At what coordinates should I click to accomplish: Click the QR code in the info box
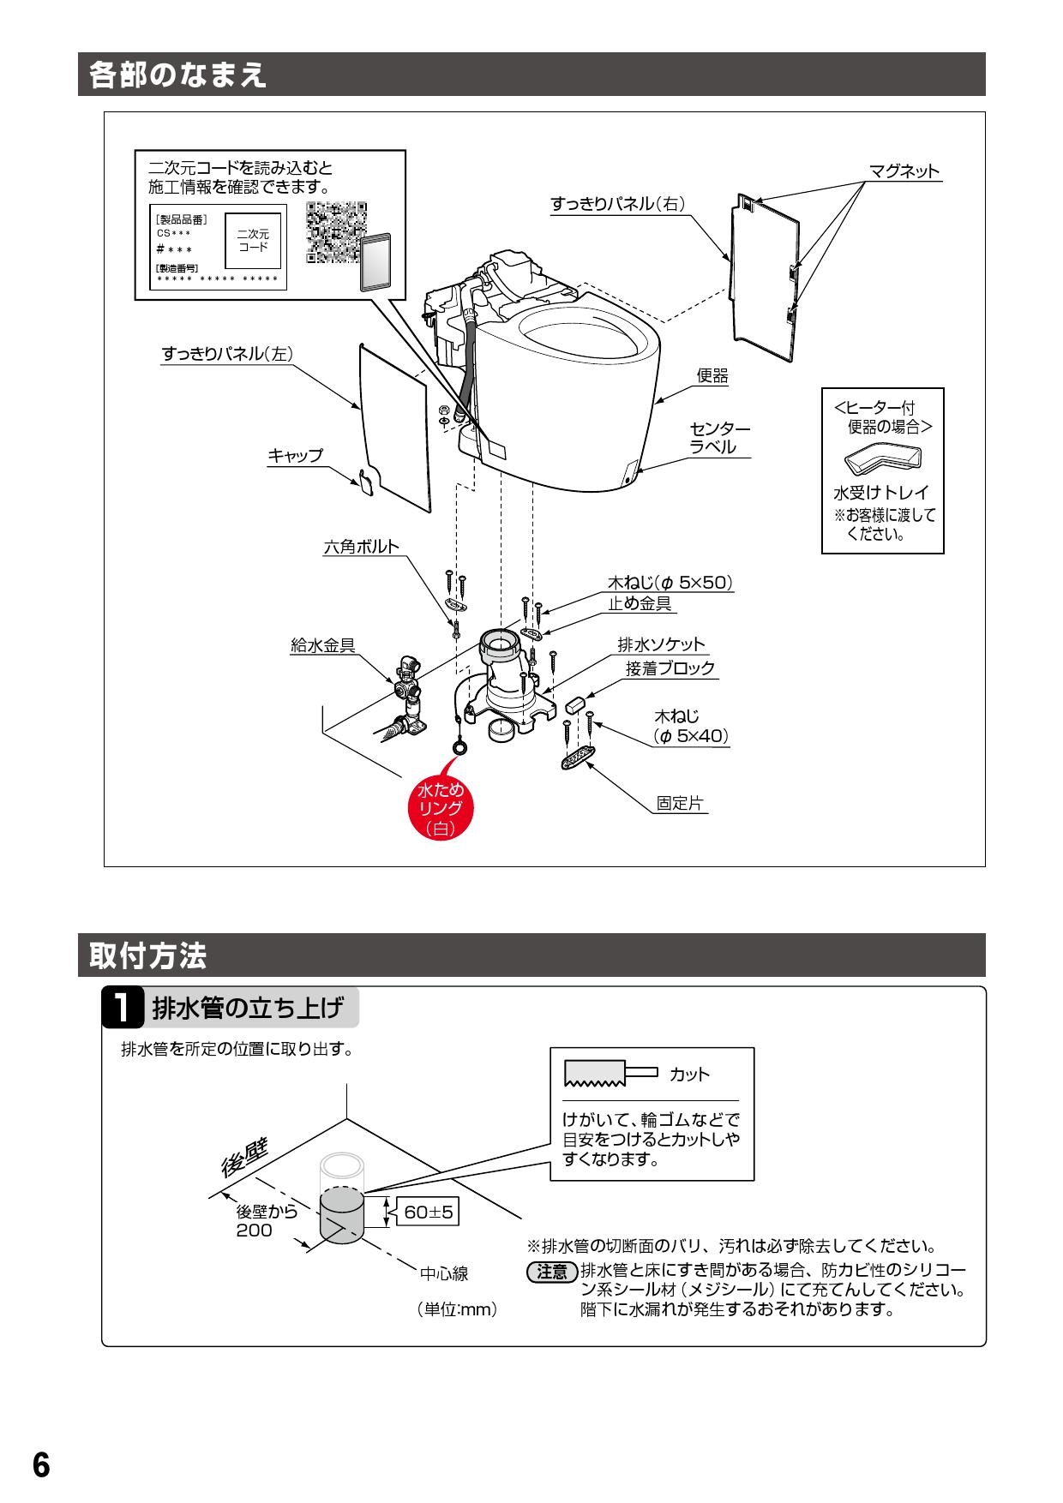(336, 231)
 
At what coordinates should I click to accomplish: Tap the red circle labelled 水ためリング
(440, 807)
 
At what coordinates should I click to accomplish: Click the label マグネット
(904, 171)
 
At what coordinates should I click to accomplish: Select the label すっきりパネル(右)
(617, 204)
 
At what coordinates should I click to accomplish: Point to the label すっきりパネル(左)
(228, 354)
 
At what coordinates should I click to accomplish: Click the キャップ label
(296, 456)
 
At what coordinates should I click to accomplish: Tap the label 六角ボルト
(361, 547)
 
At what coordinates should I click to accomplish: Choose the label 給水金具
(323, 646)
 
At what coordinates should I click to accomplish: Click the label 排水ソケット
(661, 644)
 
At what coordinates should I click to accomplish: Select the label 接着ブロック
(670, 668)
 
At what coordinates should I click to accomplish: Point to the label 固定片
(680, 804)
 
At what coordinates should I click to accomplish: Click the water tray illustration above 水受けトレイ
(882, 461)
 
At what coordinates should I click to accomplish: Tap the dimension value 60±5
(429, 1213)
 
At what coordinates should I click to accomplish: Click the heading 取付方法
(148, 956)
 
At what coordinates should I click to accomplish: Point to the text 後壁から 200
(267, 1221)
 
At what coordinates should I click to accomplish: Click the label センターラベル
(719, 437)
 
